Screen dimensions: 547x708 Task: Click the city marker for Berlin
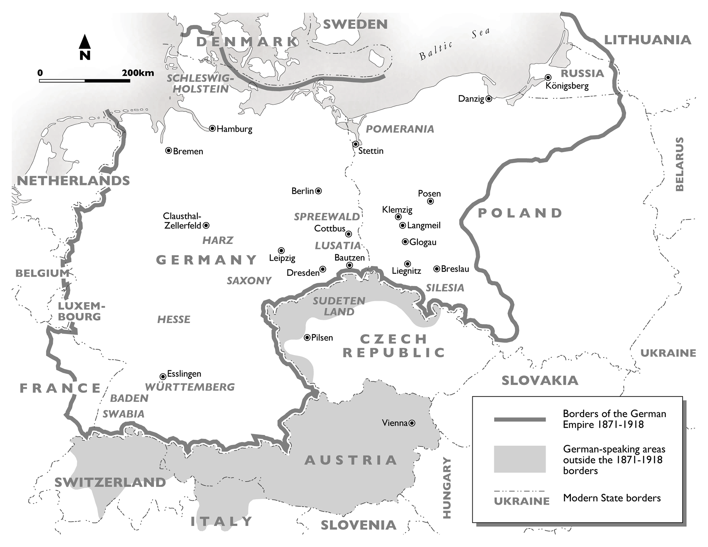(x=319, y=191)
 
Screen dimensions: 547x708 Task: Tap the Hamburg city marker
(x=212, y=128)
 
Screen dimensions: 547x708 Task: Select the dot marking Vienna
(x=412, y=423)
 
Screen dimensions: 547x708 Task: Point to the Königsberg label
(x=567, y=86)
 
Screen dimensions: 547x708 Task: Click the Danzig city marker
(x=489, y=99)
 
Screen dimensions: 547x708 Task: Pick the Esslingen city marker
(x=163, y=376)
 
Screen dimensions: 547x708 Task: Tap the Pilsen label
(x=322, y=337)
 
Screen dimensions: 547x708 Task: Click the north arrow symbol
(x=85, y=42)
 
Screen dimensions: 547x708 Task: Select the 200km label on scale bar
(x=138, y=72)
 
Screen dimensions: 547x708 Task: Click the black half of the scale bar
(x=107, y=80)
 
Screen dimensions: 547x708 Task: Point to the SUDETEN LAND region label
(x=339, y=306)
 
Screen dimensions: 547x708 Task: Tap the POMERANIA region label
(x=400, y=129)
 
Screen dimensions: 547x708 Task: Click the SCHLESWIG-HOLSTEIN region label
(x=200, y=83)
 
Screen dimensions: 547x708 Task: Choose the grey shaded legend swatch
(x=520, y=459)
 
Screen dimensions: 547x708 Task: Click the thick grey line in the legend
(x=520, y=419)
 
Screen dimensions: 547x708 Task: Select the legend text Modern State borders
(x=612, y=498)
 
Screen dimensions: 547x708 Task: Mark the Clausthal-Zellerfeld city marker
(x=206, y=225)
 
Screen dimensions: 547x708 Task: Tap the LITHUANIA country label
(x=647, y=39)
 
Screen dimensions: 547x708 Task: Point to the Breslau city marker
(x=437, y=269)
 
